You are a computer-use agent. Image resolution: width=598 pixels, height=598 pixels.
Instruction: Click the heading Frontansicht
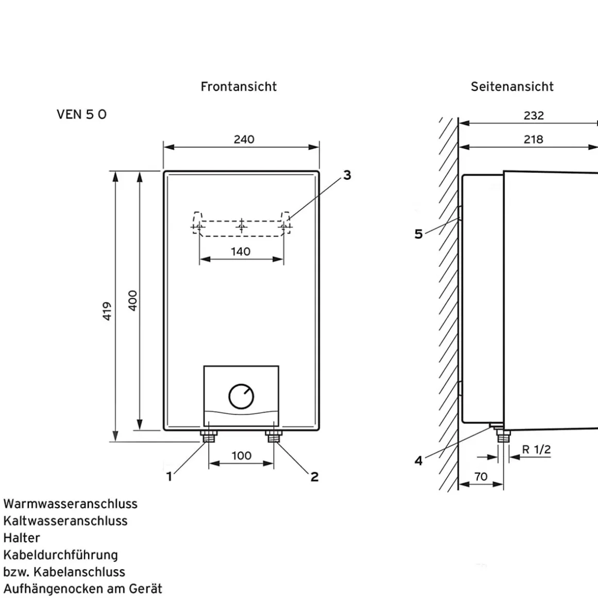[239, 87]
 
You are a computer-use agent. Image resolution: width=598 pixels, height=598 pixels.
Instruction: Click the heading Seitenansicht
[512, 87]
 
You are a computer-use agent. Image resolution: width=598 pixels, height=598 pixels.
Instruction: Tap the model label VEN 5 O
[81, 114]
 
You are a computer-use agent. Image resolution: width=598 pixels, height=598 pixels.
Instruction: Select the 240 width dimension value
[244, 139]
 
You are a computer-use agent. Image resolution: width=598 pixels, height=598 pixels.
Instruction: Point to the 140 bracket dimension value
[241, 252]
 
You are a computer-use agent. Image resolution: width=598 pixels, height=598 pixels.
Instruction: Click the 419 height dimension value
[107, 311]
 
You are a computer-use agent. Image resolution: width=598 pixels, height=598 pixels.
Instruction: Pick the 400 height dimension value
[132, 300]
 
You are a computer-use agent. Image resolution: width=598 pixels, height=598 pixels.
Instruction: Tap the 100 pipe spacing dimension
[241, 456]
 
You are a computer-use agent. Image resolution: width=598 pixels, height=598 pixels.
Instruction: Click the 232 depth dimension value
[534, 115]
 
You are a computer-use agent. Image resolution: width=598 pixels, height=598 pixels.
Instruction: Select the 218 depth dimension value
[533, 139]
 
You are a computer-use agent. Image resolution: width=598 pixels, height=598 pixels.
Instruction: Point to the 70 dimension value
[480, 477]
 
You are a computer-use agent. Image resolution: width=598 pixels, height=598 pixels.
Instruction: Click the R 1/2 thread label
[536, 450]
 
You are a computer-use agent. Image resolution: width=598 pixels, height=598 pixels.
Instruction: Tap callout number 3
[347, 175]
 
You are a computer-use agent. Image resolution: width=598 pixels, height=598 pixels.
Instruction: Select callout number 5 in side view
[419, 234]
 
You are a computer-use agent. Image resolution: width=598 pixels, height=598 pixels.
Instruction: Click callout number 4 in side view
[419, 460]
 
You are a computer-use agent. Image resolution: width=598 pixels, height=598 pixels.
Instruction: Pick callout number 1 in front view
[169, 477]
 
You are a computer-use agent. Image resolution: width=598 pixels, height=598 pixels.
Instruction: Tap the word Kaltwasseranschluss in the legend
[65, 521]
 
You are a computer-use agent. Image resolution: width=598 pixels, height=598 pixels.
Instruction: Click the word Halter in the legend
[22, 538]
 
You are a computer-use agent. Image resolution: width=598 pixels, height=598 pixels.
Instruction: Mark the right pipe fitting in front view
[274, 437]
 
